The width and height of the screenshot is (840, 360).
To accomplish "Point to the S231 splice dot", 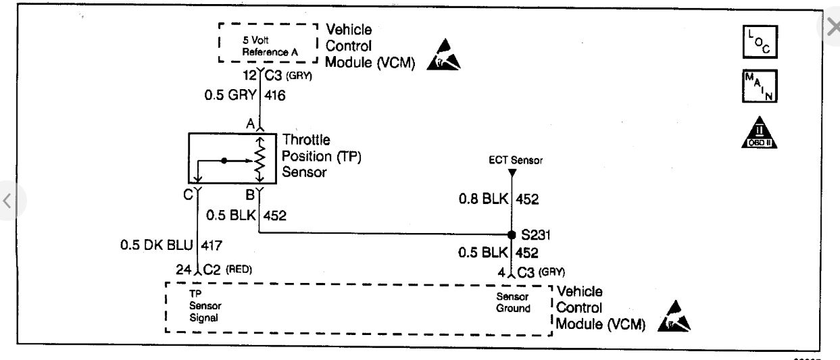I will (x=512, y=235).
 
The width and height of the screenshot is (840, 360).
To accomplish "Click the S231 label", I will (x=535, y=236).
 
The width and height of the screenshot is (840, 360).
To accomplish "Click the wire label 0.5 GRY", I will (x=230, y=96).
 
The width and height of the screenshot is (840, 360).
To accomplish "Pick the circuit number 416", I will (x=275, y=96).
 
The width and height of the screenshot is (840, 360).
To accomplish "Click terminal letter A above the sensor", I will (x=250, y=124).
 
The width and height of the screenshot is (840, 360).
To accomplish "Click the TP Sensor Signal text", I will (x=205, y=307).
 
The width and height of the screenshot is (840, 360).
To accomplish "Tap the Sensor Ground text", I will (x=514, y=303).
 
